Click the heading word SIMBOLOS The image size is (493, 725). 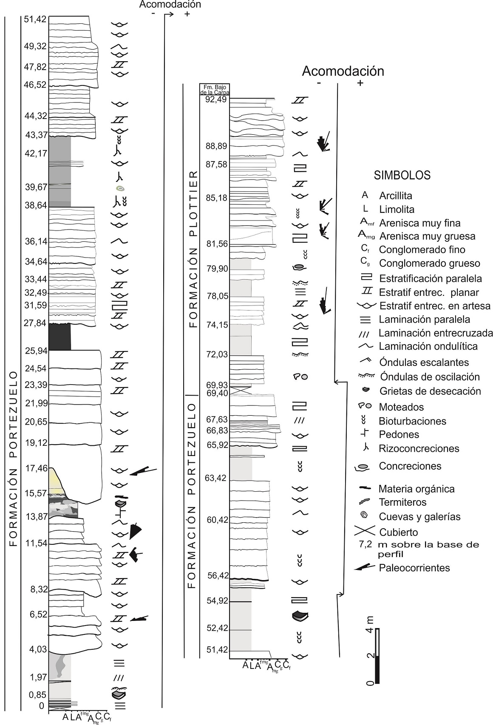[x=402, y=175]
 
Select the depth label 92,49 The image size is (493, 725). [x=216, y=99]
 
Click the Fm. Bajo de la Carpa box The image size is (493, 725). [x=214, y=89]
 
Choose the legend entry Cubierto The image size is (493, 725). [x=398, y=532]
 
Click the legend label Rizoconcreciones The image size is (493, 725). [x=419, y=448]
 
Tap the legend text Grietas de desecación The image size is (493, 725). [x=430, y=391]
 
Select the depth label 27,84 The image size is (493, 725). [x=35, y=323]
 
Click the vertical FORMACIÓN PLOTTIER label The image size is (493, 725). [x=194, y=249]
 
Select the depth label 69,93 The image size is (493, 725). [x=217, y=385]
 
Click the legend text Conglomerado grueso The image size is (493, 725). [x=429, y=263]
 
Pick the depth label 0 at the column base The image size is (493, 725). [x=41, y=706]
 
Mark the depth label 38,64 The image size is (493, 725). [x=35, y=205]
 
